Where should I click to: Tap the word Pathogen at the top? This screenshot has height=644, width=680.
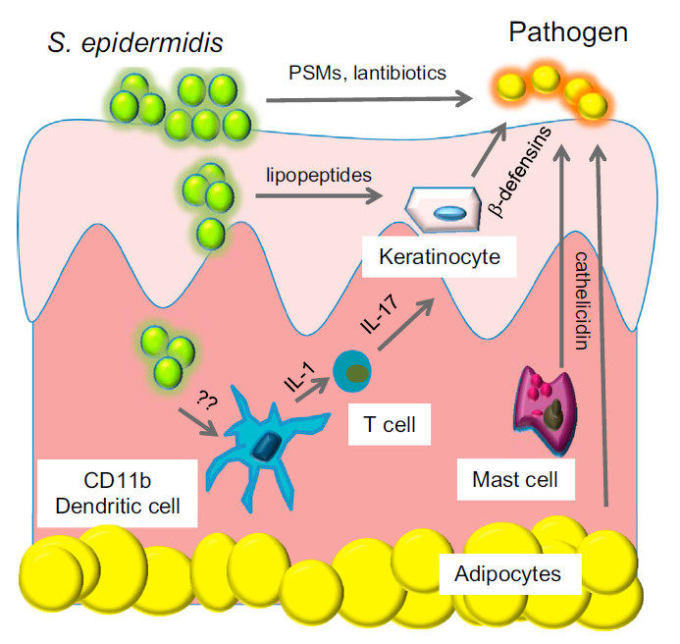coord(568,34)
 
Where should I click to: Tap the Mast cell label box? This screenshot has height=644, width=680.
coord(515,480)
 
